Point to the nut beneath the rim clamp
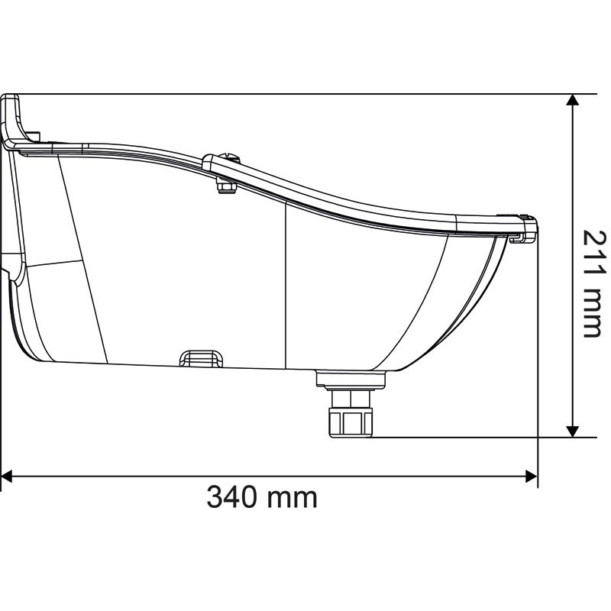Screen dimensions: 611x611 point(225,186)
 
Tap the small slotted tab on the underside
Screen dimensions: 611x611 point(200,357)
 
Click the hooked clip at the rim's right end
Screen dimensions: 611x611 point(527,229)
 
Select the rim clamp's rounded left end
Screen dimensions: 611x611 point(209,160)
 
